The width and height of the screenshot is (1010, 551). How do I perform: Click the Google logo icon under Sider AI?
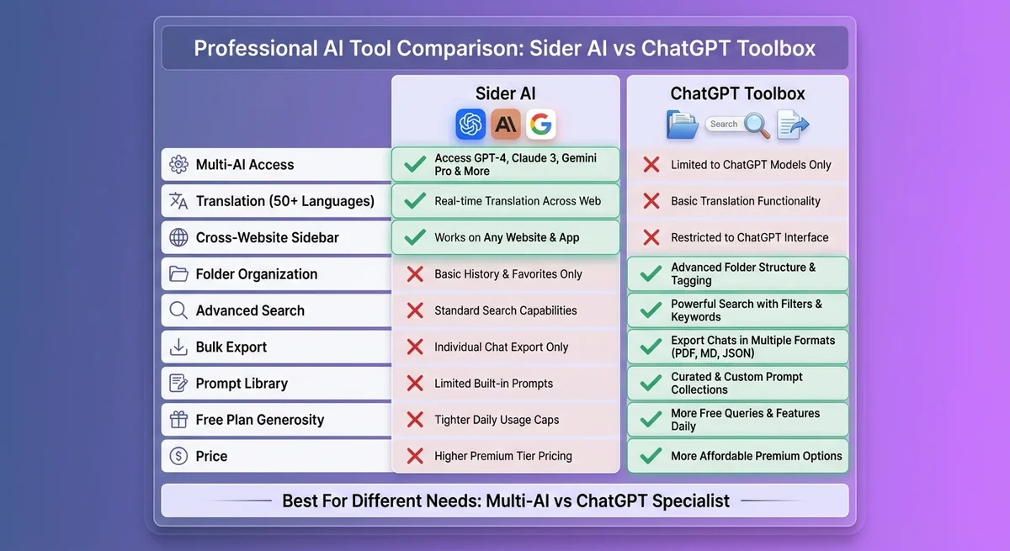point(541,125)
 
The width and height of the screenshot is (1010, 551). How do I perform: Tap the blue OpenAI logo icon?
point(470,125)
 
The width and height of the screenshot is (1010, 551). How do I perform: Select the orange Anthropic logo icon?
point(506,125)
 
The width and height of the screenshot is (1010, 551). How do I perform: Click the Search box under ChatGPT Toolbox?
point(723,125)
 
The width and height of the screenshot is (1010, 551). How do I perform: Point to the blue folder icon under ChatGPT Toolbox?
point(683,125)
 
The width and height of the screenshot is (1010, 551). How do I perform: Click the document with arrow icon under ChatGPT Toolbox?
point(792,125)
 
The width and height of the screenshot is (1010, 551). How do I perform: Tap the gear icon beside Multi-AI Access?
point(178,165)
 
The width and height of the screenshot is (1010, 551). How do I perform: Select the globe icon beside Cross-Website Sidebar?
point(178,238)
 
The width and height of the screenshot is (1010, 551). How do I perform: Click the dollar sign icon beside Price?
point(178,456)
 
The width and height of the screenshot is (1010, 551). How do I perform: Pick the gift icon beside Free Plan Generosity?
point(178,420)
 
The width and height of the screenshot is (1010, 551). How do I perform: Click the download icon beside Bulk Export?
point(178,347)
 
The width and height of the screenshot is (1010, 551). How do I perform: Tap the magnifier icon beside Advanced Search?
point(178,310)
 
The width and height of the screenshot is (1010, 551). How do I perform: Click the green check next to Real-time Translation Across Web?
point(414,201)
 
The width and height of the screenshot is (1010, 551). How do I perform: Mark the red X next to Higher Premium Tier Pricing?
point(414,456)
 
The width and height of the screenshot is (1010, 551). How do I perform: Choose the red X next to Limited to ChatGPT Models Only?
point(651,165)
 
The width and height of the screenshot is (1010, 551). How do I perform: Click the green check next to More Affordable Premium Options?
point(651,456)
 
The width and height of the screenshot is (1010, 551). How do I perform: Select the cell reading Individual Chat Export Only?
point(501,347)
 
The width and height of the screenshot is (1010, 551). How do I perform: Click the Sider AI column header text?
point(505,93)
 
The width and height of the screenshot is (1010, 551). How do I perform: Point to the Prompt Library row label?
point(242,384)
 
